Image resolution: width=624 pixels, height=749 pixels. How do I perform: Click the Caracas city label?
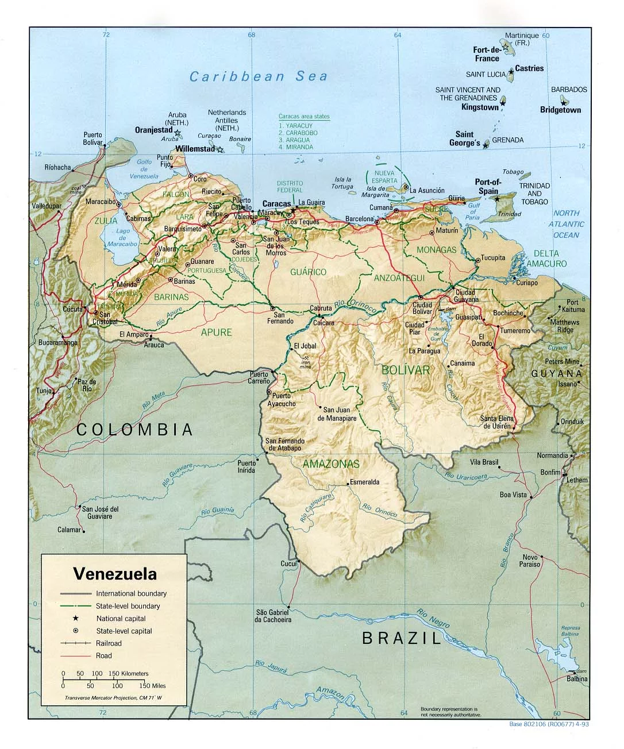pos(276,203)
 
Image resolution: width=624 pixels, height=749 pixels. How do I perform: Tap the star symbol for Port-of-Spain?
pos(498,199)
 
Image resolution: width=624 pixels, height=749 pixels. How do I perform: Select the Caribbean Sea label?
pos(259,76)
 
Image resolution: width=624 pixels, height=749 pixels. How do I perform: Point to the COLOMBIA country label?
pos(135,429)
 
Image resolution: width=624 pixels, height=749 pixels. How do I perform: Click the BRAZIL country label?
pos(402,638)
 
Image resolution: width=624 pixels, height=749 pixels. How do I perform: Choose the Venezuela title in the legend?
pos(115,573)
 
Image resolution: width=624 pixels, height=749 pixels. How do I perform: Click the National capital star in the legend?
pos(75,619)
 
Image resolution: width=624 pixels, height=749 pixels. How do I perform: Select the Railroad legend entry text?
pos(109,643)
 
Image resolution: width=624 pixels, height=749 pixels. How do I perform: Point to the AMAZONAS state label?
pos(331,464)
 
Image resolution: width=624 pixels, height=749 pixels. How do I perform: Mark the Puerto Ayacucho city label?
pos(284,400)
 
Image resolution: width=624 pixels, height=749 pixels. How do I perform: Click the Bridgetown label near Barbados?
pos(560,110)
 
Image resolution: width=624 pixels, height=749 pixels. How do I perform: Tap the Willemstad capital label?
pos(195,148)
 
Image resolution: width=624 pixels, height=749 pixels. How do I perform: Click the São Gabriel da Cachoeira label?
pos(274,616)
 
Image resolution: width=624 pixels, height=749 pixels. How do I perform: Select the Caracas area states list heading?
pos(304,116)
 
